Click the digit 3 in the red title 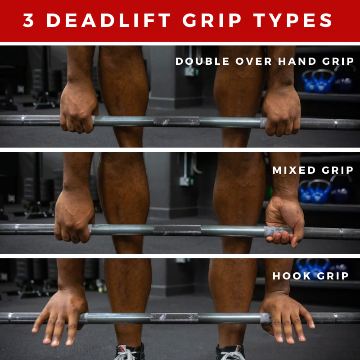coord(28,20)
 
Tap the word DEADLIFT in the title coord(108,20)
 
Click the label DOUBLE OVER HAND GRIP coord(265,61)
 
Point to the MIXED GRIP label coord(313,170)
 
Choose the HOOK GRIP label coord(310,276)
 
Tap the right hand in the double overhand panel coord(282,111)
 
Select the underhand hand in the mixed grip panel coord(285,221)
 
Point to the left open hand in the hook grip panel coord(61,319)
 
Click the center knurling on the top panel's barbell coord(176,121)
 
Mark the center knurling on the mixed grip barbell coord(177,230)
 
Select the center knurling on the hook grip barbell coord(174,318)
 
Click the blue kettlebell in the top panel coord(323,81)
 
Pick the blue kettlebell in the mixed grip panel coord(319,191)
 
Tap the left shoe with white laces coord(130,352)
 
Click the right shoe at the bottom coord(230,352)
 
